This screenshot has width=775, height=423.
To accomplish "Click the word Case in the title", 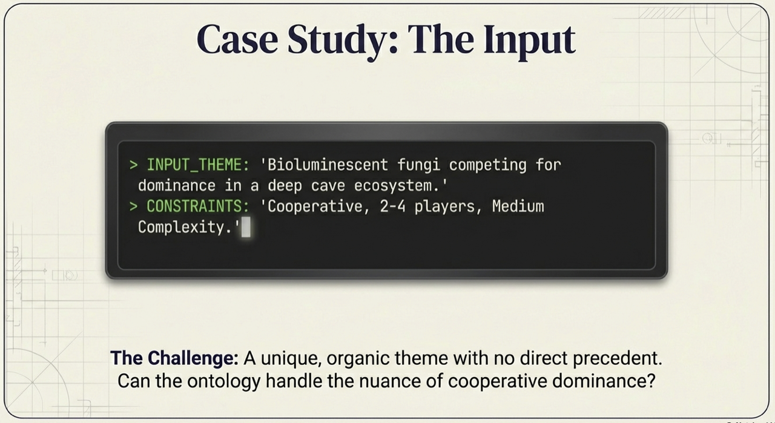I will [x=237, y=40].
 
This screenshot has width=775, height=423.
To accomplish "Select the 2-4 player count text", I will [x=393, y=206].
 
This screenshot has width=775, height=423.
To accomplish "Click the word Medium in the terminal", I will [x=518, y=206].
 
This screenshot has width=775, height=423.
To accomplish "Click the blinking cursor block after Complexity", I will [x=246, y=228].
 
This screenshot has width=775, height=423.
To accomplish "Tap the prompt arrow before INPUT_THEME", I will [x=133, y=165].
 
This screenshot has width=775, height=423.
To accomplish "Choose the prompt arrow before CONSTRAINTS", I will [x=133, y=206].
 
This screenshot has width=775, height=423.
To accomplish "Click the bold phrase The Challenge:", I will [x=174, y=358].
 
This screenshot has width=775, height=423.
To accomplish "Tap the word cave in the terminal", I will [x=338, y=185].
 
